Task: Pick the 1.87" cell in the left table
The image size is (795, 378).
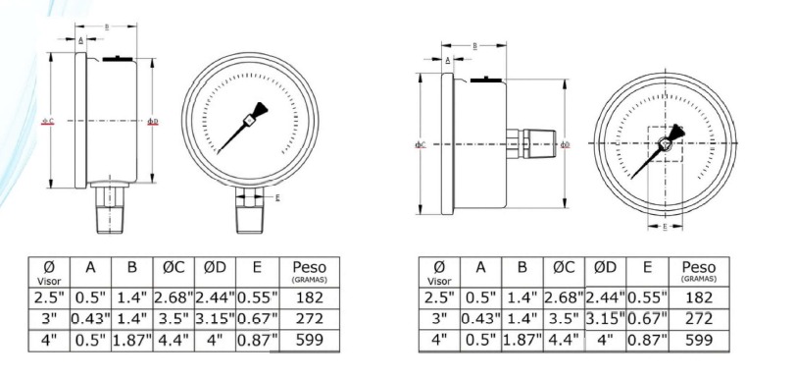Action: click(x=132, y=342)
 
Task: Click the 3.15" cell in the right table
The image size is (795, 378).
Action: click(x=606, y=319)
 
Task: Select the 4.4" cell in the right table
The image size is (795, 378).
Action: click(x=565, y=342)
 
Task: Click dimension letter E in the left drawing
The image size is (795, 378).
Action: click(x=278, y=198)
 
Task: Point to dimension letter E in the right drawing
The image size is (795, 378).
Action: click(x=666, y=227)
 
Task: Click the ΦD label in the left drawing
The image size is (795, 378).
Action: click(x=152, y=122)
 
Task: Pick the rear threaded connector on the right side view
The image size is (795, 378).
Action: click(x=535, y=144)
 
